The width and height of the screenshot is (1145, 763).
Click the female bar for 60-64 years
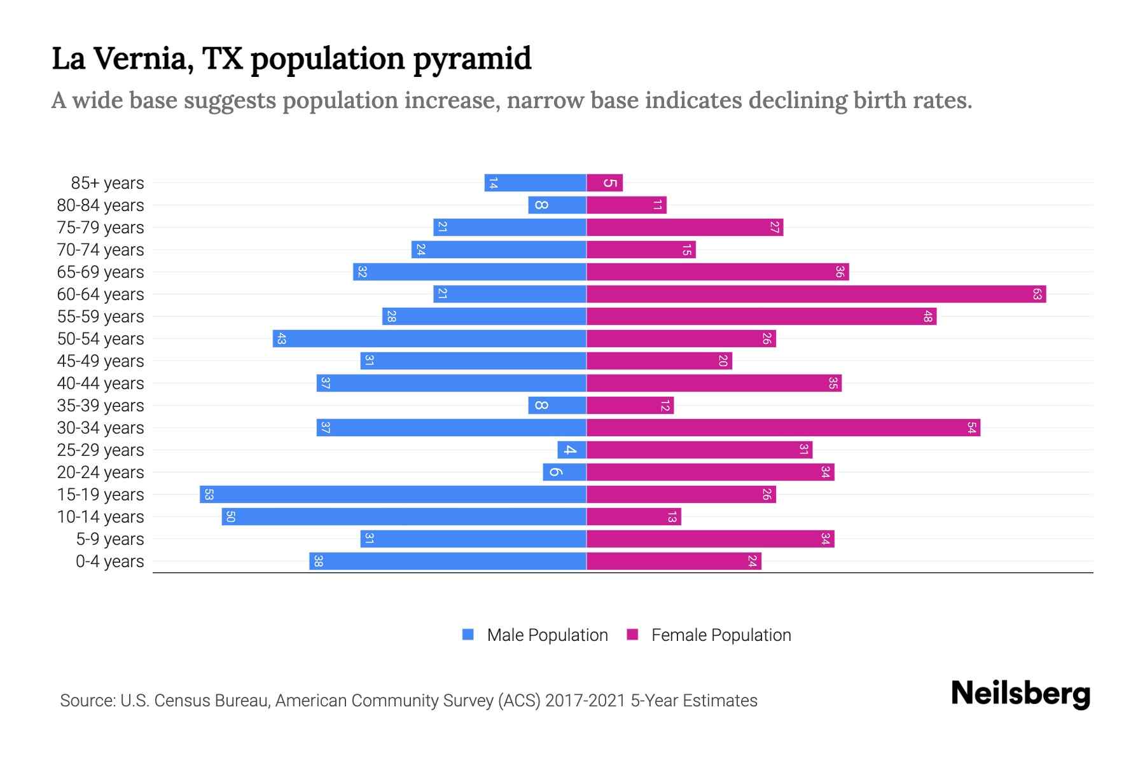tap(816, 294)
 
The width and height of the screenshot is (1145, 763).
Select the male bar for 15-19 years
tap(392, 495)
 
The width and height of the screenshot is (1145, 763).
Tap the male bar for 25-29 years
tap(571, 450)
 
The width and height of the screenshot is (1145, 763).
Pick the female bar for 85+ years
tap(604, 183)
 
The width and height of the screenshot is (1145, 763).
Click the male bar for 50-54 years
tap(429, 339)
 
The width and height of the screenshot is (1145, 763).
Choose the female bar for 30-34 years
tap(783, 428)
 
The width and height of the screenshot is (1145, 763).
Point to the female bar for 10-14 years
tap(634, 517)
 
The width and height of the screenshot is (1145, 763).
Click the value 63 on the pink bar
tap(1037, 294)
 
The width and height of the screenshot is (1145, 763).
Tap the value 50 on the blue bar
tap(230, 517)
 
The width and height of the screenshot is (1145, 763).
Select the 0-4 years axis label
tap(109, 561)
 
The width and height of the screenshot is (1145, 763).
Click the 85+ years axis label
tap(107, 183)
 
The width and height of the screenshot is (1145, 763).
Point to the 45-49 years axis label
tap(101, 361)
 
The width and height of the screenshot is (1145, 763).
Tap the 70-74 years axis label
tap(101, 250)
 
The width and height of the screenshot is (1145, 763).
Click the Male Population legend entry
tap(547, 635)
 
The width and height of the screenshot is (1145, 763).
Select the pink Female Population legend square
tap(632, 635)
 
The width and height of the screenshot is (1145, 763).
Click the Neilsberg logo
tap(1020, 694)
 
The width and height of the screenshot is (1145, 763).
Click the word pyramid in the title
tap(472, 58)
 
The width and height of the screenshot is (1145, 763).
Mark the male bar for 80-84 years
tap(557, 205)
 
